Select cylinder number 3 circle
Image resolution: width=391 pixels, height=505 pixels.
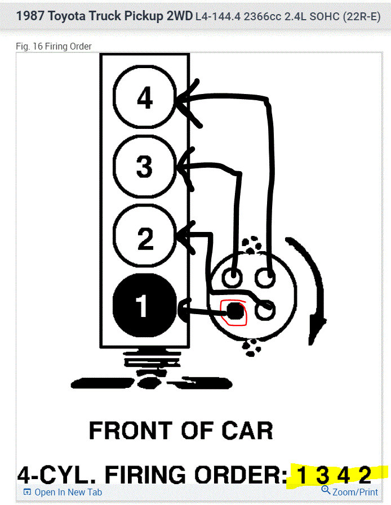145,166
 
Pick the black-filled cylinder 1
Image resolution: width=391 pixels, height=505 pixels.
145,305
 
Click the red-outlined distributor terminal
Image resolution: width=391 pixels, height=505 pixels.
234,312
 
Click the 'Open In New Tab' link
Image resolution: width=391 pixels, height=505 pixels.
63,492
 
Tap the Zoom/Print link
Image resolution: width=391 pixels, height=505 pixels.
350,492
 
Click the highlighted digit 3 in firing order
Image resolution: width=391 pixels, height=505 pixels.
322,475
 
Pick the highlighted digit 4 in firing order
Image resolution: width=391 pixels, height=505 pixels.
343,475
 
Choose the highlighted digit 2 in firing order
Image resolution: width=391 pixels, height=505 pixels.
365,475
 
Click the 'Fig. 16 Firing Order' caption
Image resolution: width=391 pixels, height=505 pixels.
54,46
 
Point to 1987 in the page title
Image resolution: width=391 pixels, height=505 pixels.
30,16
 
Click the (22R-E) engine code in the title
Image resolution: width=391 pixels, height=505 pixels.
362,16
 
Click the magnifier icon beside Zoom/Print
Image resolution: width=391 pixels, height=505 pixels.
326,490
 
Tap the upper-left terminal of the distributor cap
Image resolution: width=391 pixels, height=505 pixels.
232,276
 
